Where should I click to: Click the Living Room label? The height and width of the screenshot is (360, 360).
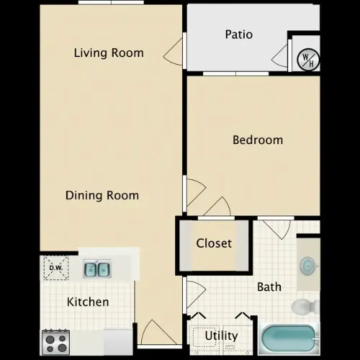pos(109,53)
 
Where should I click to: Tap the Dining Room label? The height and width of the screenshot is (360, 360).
pos(102,195)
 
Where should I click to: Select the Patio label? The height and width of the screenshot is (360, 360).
pos(239,35)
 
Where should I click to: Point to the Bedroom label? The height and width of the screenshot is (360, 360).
pos(258,140)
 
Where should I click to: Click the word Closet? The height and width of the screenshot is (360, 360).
pos(214,243)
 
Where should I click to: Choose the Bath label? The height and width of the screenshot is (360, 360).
pos(269,287)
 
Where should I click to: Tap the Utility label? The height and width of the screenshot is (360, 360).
pos(221,336)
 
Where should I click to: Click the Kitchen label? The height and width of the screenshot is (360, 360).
pos(88,302)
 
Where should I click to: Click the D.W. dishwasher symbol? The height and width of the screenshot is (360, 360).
pos(56,268)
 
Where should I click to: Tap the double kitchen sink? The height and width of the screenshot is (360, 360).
pos(97,269)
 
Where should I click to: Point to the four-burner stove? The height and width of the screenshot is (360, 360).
pos(56,343)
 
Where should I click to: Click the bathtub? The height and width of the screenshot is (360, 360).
pos(289,338)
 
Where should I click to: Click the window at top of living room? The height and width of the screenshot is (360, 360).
pos(111,2)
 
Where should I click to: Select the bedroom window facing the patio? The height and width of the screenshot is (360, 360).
pos(235,73)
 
